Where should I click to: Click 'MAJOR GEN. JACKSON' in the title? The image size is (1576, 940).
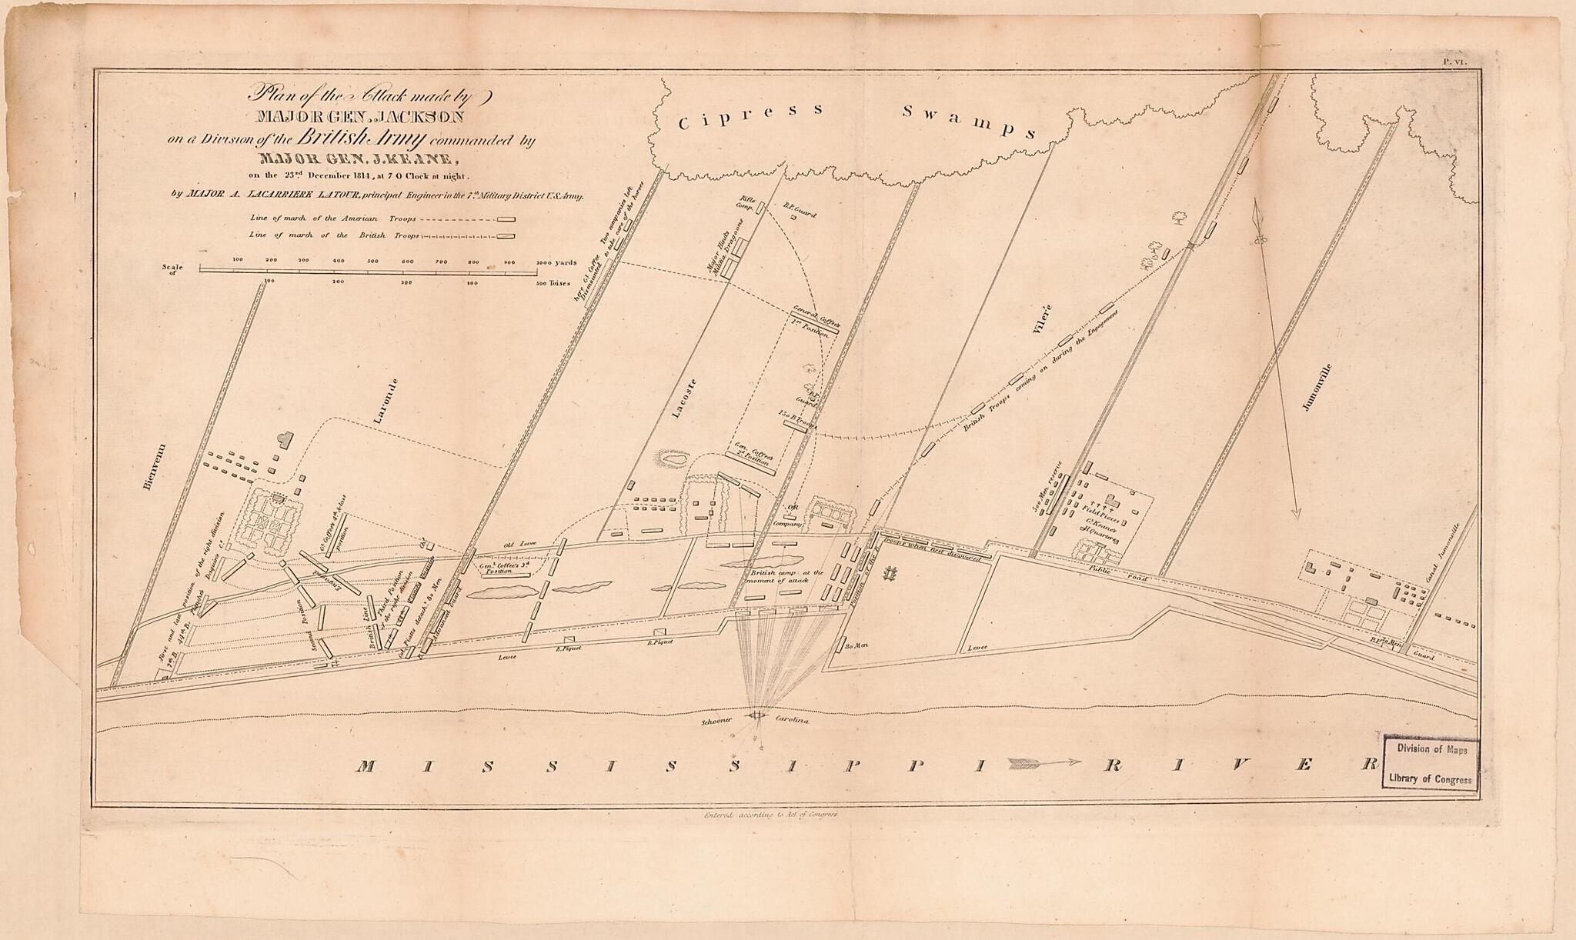click(361, 117)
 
